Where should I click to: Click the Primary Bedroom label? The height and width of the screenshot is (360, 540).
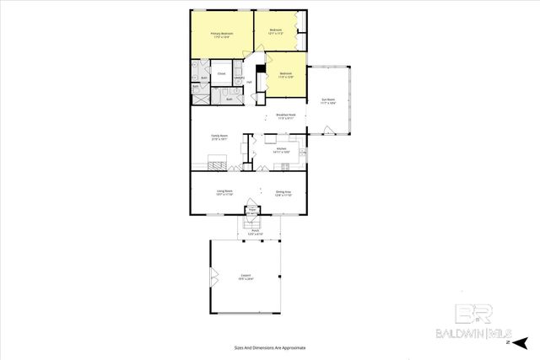tap(221, 35)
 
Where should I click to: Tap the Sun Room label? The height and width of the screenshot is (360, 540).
tap(329, 101)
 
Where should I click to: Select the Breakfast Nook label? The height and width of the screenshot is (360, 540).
tap(285, 116)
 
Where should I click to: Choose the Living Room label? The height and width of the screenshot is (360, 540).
tap(224, 193)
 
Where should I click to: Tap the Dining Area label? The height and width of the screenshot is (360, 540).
tap(283, 193)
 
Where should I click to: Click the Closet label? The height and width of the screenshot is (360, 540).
tap(221, 74)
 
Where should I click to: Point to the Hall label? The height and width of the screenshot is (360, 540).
tap(250, 82)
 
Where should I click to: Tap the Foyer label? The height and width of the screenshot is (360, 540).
tap(251, 211)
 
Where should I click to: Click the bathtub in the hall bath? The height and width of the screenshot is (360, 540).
tap(228, 98)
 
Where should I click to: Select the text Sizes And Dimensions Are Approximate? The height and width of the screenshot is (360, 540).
tap(270, 347)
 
